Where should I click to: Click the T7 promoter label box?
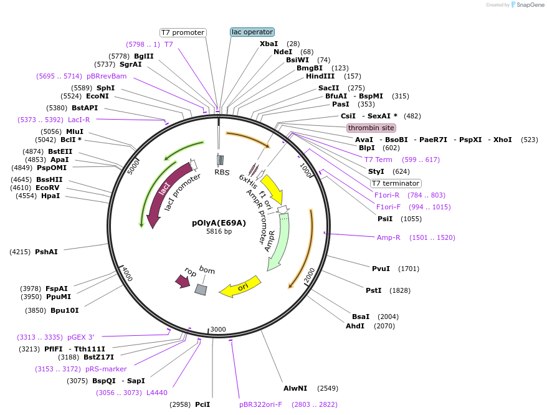pyautogui.click(x=183, y=32)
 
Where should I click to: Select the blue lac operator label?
pyautogui.click(x=252, y=32)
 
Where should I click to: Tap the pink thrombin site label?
pyautogui.click(x=371, y=128)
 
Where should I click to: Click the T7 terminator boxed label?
pyautogui.click(x=396, y=183)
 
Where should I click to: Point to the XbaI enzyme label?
pyautogui.click(x=269, y=44)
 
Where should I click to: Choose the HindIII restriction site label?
pyautogui.click(x=320, y=76)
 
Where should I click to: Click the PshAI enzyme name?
pyautogui.click(x=47, y=252)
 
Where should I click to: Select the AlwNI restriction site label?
pyautogui.click(x=295, y=388)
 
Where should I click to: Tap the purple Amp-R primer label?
pyautogui.click(x=389, y=237)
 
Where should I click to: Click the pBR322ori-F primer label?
pyautogui.click(x=260, y=404)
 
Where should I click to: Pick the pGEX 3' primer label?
pyautogui.click(x=81, y=337)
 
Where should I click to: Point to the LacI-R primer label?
pyautogui.click(x=79, y=120)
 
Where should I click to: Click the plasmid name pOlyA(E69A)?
pyautogui.click(x=219, y=222)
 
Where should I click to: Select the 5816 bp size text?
pyautogui.click(x=219, y=231)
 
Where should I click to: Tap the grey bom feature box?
pyautogui.click(x=201, y=289)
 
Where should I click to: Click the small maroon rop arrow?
pyautogui.click(x=183, y=282)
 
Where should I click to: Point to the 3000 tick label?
pyautogui.click(x=218, y=329)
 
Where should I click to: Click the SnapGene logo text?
pyautogui.click(x=529, y=5)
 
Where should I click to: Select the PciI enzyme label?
pyautogui.click(x=202, y=404)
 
